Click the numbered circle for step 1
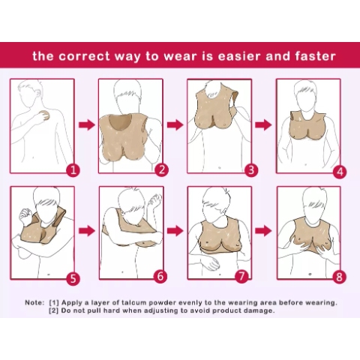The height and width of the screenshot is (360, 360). tap(73, 169)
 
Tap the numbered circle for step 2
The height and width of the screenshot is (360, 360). tap(160, 169)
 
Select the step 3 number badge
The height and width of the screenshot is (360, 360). tap(250, 169)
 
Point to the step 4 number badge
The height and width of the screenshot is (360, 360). tap(340, 171)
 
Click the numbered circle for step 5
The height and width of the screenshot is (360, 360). tap(73, 278)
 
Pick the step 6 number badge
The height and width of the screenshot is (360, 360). tap(160, 276)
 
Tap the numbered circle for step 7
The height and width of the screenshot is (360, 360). tap(241, 276)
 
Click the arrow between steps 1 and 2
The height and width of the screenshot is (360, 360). tap(86, 124)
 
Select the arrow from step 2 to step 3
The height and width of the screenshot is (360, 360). tap(175, 124)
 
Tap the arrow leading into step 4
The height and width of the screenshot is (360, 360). tap(264, 124)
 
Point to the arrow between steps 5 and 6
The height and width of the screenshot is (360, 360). tap(86, 230)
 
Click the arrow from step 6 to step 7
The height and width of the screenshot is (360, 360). tap(175, 230)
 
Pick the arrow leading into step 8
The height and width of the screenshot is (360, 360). tap(264, 230)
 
